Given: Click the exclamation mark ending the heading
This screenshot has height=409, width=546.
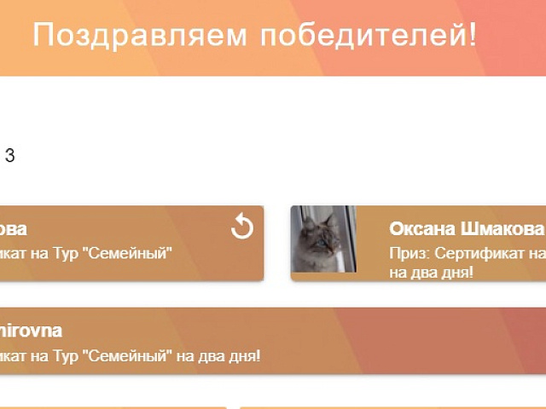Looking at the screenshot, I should point(473,36).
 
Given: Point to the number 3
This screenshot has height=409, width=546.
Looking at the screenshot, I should point(10,156).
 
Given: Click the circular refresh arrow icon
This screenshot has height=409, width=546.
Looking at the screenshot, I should point(242,227).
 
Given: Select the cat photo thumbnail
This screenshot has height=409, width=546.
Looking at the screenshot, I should point(323,239).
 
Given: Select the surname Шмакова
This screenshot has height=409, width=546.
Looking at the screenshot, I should point(504,229).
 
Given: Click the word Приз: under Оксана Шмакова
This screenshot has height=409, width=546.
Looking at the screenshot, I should point(408,253).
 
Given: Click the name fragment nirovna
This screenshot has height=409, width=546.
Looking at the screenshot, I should point(32,331).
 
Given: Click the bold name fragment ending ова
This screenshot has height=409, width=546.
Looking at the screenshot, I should point(14,229).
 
